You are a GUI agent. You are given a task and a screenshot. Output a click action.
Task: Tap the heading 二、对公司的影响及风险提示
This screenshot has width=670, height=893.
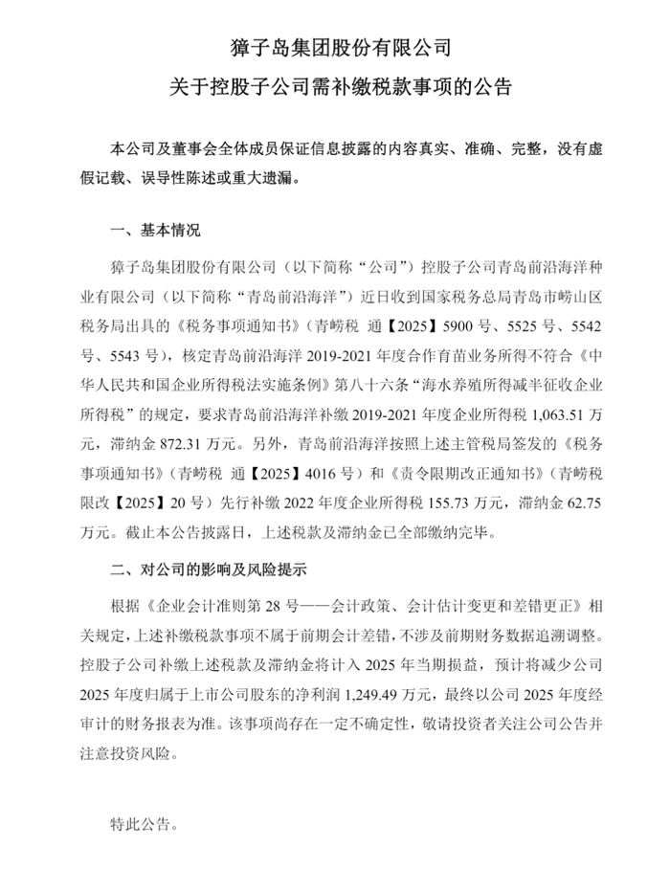point(209,570)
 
